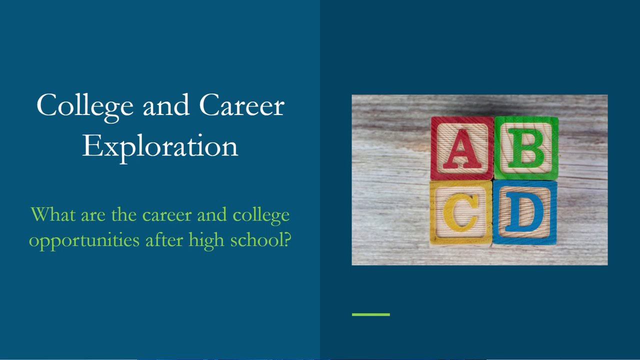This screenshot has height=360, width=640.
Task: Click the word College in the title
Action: tap(85, 106)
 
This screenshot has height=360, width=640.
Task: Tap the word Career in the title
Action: tap(241, 105)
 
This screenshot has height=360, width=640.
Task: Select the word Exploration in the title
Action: tap(160, 147)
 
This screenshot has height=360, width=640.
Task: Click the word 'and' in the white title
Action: tap(166, 104)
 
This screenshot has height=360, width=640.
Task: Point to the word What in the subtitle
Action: tap(53, 214)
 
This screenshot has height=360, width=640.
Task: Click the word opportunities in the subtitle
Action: tap(84, 241)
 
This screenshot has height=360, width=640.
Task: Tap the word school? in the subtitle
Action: tap(260, 239)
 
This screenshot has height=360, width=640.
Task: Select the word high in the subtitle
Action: tap(206, 240)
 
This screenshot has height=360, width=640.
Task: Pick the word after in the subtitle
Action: tap(164, 239)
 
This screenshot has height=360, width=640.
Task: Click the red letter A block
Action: tap(462, 148)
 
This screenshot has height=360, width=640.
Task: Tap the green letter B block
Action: tap(526, 148)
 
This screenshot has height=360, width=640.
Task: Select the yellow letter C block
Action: tap(461, 213)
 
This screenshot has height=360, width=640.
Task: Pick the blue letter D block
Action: tap(525, 212)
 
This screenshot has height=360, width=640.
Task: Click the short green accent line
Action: tap(371, 314)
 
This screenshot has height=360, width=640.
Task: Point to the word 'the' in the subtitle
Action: tap(123, 214)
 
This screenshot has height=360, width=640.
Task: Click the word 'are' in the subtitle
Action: tap(93, 216)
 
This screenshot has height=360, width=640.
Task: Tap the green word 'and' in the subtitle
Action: tap(211, 214)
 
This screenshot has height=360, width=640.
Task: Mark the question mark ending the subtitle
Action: tap(287, 239)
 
